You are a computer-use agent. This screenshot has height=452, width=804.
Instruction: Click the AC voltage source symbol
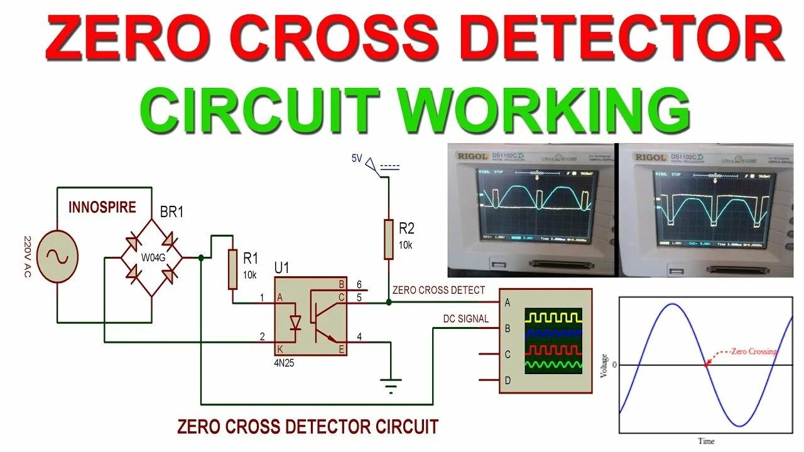(57, 257)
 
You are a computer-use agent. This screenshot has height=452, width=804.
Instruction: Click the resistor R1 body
(233, 269)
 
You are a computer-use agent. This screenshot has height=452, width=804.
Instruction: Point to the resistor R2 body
(388, 239)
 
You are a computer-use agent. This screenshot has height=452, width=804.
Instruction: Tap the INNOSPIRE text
(102, 207)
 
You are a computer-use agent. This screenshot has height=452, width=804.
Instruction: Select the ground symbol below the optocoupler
(391, 384)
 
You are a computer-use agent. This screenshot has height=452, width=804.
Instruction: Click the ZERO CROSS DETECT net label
(438, 290)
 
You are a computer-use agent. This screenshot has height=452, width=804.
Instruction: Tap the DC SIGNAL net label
(465, 319)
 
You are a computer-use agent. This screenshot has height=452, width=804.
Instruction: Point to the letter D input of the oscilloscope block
(507, 380)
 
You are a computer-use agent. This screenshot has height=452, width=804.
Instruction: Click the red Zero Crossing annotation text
(752, 352)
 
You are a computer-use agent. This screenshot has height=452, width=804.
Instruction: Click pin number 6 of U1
(359, 284)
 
